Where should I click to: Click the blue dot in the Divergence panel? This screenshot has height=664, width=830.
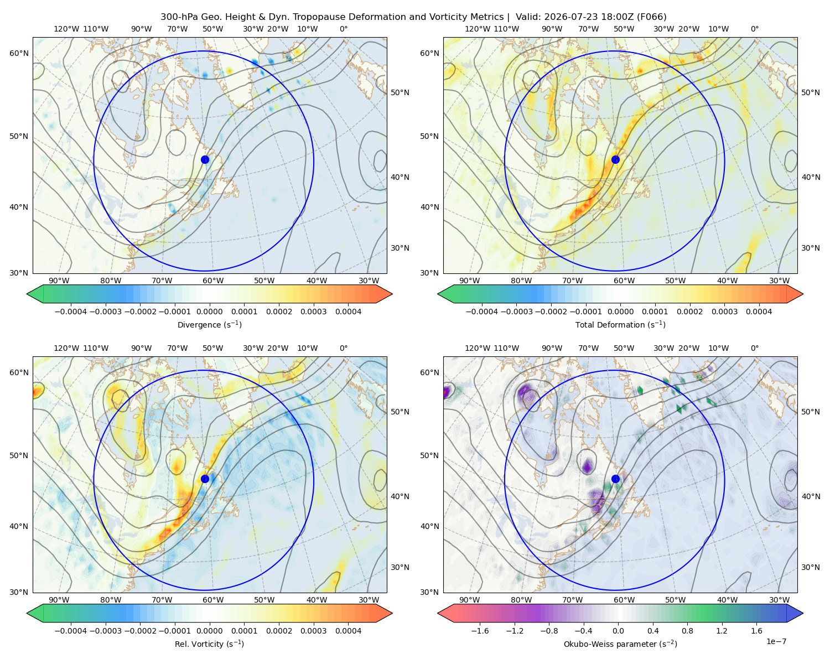coord(205,160)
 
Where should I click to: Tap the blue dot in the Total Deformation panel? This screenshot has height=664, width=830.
coord(615,160)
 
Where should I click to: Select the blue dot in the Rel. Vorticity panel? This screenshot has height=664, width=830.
coord(205,479)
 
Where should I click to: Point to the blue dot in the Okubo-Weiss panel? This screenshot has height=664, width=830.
coord(615,479)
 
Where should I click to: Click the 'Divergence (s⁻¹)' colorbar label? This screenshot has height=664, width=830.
coord(209,324)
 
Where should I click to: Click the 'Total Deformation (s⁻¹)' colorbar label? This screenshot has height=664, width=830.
coord(620,324)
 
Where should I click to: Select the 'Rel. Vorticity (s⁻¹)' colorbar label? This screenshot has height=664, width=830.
coord(209,644)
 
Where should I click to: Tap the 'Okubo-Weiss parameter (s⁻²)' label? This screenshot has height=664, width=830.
coord(620,644)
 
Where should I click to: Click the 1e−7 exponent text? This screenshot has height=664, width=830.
coord(776,641)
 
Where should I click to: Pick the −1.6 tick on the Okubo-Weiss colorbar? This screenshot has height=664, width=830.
coord(480,631)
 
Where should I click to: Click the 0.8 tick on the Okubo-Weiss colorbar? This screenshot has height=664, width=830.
coord(687,631)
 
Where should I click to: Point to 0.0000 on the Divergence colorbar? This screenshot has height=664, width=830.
coord(209,312)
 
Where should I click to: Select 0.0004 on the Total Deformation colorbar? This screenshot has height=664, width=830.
coord(759,312)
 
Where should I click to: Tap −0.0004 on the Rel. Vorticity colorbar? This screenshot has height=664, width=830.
coord(71,631)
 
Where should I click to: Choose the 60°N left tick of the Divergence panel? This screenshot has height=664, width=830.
coord(19,53)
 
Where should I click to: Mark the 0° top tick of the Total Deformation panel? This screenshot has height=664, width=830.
coord(755,29)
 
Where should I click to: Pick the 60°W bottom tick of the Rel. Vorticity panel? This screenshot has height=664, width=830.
coord(213,600)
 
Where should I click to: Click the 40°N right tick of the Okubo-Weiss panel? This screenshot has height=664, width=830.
coord(811,496)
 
